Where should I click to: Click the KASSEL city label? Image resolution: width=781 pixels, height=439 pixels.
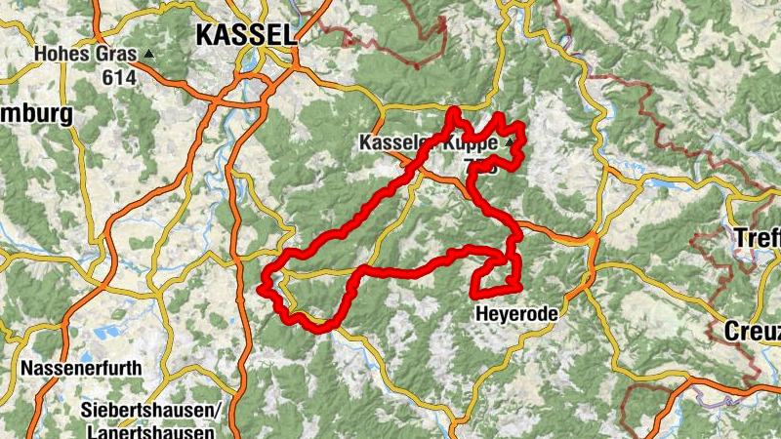245,35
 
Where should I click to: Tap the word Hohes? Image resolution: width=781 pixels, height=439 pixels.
62,54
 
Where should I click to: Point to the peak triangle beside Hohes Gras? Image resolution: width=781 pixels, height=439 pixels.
148,54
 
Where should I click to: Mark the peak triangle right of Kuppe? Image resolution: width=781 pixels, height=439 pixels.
509,142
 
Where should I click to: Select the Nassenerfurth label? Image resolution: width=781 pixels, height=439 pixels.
80,370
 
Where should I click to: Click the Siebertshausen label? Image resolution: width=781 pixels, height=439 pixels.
150,408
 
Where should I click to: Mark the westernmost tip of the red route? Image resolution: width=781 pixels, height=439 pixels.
261,288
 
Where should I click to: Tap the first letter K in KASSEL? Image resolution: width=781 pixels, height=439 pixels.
204,35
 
